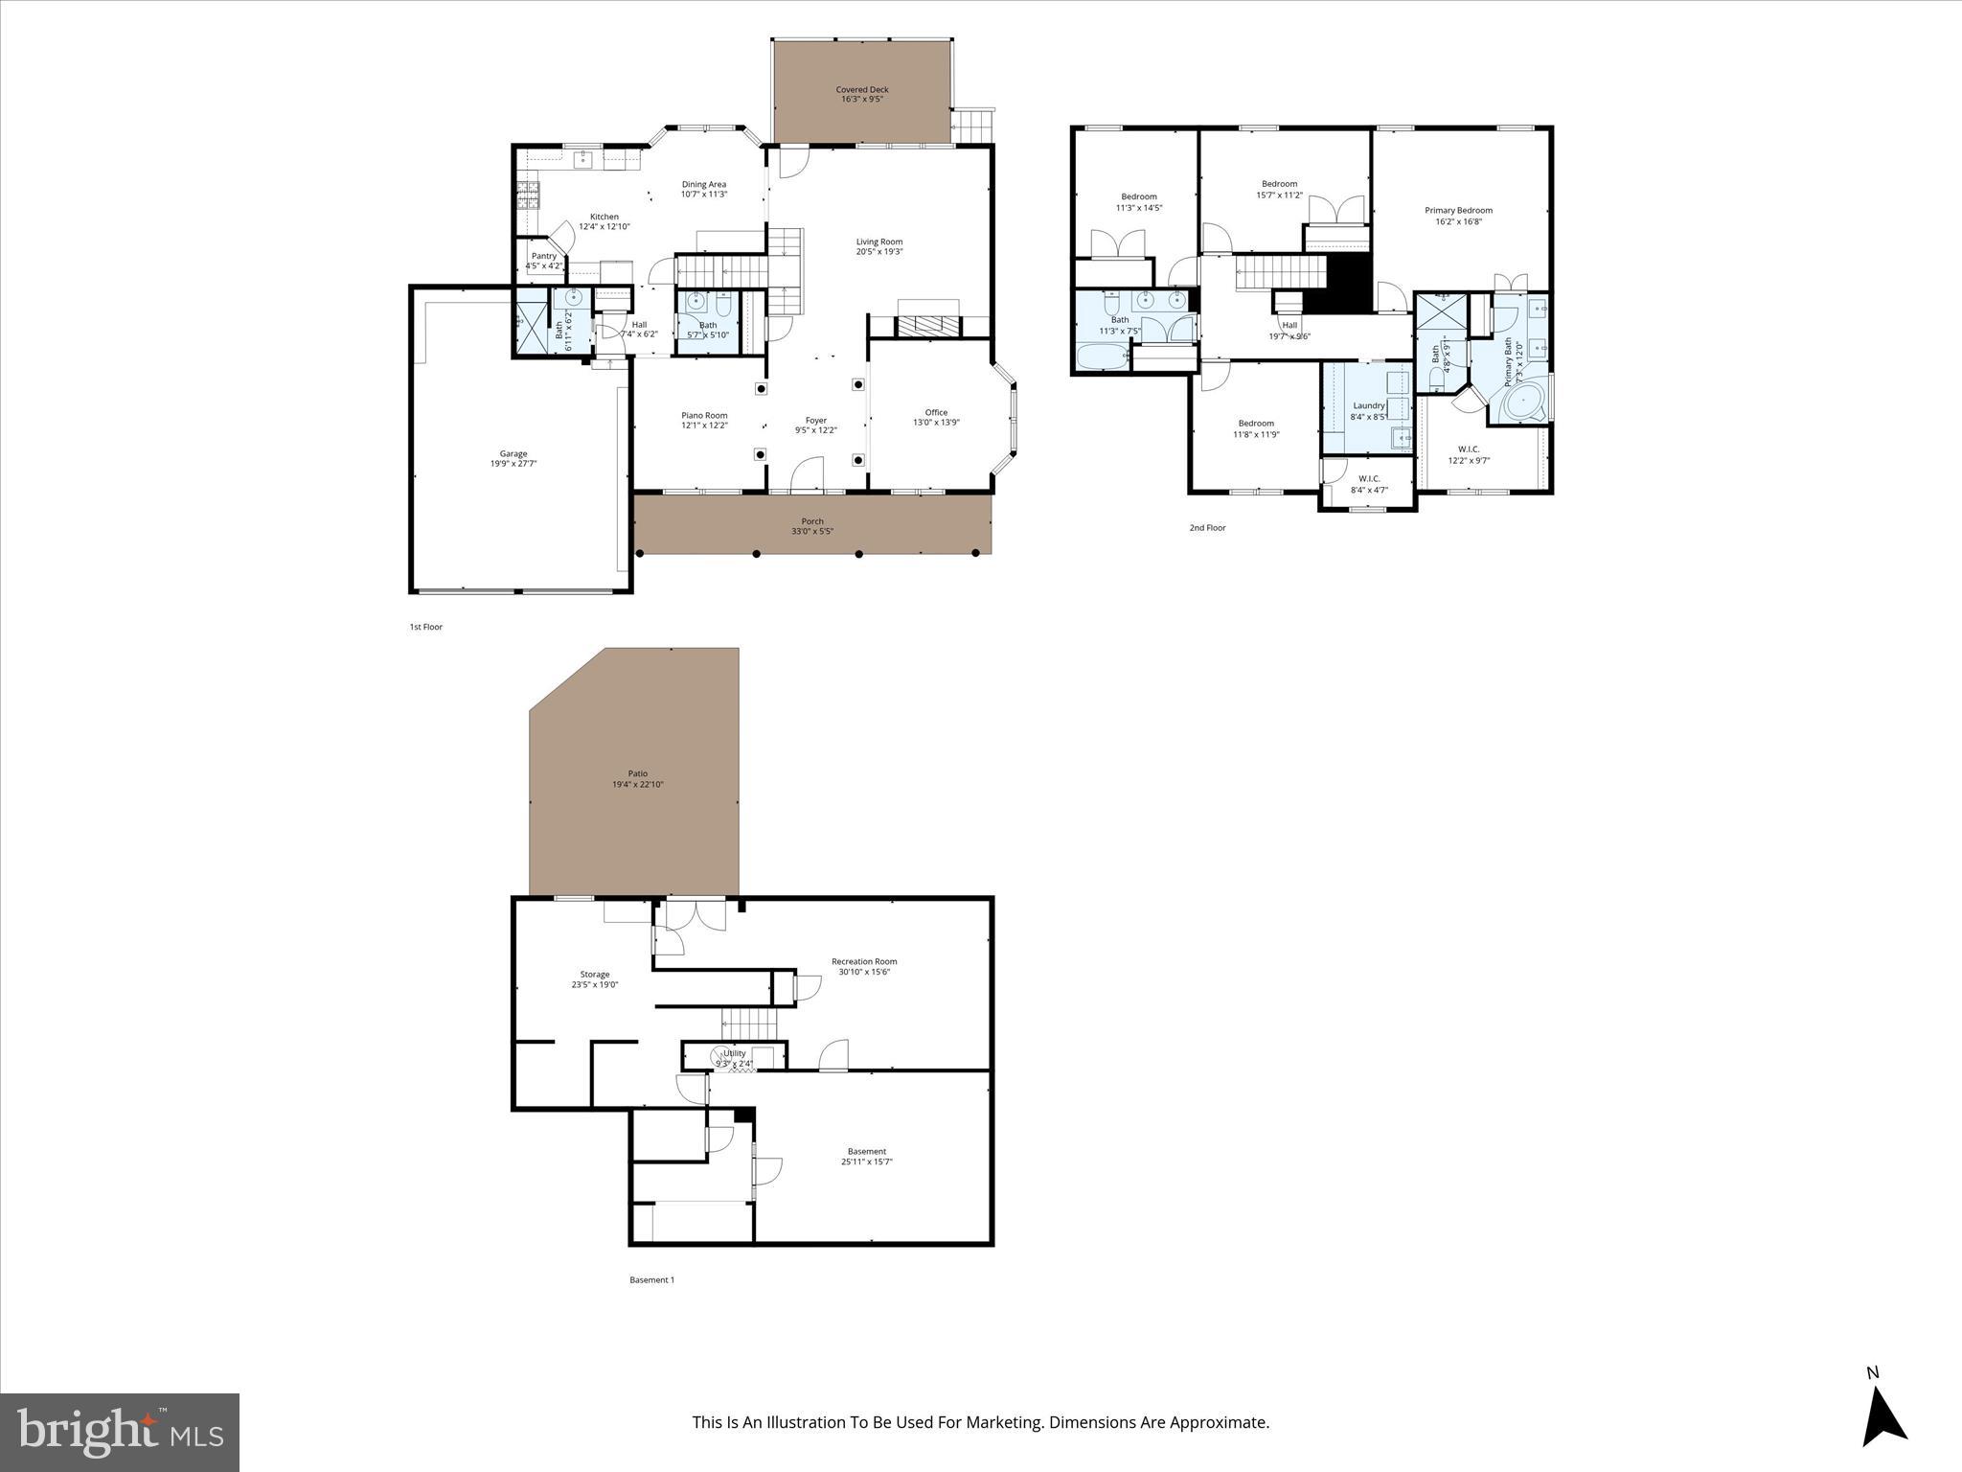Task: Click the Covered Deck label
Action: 862,90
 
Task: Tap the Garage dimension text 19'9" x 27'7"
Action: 513,464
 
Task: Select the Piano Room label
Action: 704,416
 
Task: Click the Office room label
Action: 936,412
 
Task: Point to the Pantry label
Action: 543,256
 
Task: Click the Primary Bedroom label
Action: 1458,211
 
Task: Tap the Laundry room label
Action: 1368,405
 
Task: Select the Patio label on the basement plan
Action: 637,773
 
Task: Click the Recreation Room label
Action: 864,961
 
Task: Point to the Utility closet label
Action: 734,1053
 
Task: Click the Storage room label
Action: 594,974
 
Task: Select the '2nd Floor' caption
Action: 1207,528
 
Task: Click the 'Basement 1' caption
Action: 651,1279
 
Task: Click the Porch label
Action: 812,521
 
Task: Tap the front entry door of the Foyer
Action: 807,476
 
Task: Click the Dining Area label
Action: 703,184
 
